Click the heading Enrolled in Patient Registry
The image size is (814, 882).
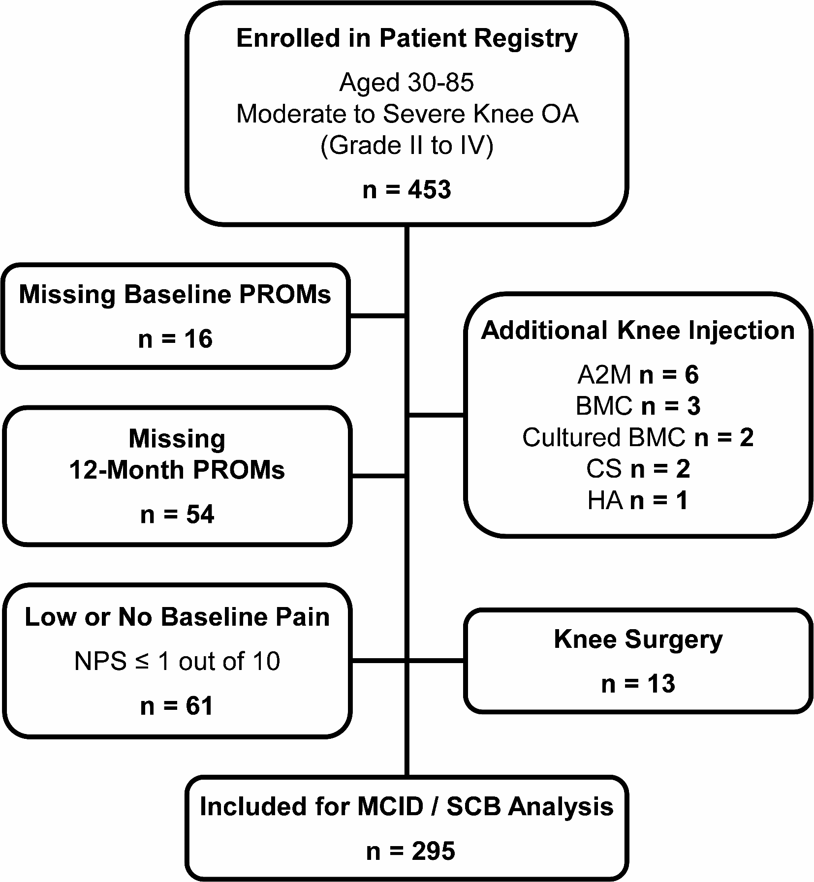click(x=407, y=39)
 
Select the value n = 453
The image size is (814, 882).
click(x=407, y=190)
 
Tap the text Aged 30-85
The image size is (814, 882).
click(x=407, y=82)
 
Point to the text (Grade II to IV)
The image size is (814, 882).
click(x=407, y=146)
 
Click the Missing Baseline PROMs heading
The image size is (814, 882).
click(x=175, y=295)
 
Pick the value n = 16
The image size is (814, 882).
click(x=175, y=339)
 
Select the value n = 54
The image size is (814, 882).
click(x=177, y=515)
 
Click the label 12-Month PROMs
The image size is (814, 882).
click(x=177, y=470)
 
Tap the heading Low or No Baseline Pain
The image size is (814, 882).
click(x=177, y=617)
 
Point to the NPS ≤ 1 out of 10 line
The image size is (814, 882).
click(x=177, y=661)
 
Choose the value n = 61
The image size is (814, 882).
click(x=177, y=706)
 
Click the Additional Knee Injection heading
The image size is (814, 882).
click(x=638, y=331)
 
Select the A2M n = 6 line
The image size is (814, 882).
click(x=638, y=375)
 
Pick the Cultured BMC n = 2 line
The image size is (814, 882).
click(x=638, y=437)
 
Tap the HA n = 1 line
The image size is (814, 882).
click(x=638, y=501)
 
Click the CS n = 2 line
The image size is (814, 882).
click(x=638, y=469)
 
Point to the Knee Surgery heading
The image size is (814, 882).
click(x=638, y=639)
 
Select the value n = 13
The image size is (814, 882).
click(x=638, y=684)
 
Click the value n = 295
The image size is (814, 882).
click(x=410, y=852)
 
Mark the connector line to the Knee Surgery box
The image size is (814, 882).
click(x=436, y=661)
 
